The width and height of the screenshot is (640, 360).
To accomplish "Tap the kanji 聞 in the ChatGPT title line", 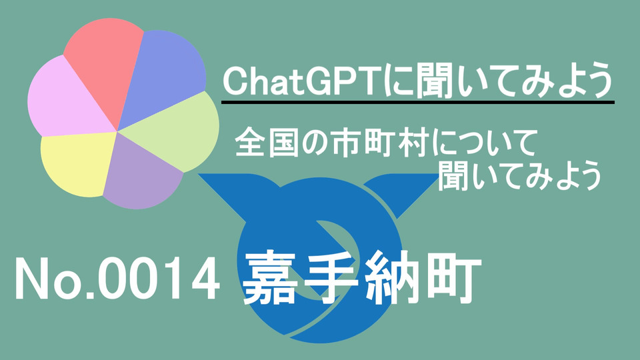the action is point(431,81).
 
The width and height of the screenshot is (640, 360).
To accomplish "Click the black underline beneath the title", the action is point(417,102).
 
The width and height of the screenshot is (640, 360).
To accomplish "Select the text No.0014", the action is point(117,281).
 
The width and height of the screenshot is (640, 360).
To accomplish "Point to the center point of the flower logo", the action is point(117,131).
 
